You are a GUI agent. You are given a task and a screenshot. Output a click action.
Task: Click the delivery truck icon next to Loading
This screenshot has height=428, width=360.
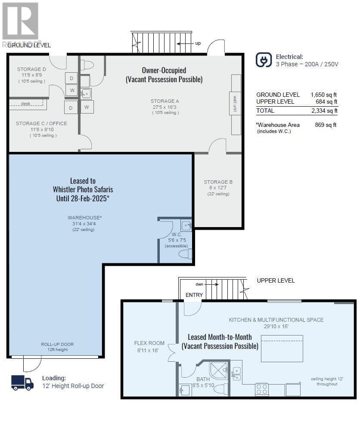22,382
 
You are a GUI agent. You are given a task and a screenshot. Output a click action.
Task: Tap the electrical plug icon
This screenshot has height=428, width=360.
264,60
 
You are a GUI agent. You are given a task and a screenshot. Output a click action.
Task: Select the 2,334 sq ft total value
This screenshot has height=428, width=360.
324,111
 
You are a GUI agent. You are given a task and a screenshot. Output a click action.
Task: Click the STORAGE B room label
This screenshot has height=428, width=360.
218,182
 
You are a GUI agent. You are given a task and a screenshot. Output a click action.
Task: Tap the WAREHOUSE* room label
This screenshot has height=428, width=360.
85,218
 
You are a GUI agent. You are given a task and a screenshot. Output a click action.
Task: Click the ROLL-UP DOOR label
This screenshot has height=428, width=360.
57,344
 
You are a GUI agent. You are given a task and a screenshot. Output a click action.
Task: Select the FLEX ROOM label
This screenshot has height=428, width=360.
149,343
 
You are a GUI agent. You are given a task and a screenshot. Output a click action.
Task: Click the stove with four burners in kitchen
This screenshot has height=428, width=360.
262,389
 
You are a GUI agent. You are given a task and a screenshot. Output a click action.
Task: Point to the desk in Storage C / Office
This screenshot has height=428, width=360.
28,104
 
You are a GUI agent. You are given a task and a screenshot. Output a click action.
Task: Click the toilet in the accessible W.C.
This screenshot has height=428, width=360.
186,254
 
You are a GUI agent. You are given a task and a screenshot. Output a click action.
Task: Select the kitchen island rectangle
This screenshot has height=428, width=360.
282,348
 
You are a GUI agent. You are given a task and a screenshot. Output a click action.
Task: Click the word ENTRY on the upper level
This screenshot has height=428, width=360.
194,295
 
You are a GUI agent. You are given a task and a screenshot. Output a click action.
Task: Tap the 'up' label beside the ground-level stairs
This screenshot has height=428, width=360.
198,43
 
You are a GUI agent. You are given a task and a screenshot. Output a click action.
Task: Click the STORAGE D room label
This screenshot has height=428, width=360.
31,69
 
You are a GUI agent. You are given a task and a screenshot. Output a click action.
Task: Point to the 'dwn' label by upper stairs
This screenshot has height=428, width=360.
199,284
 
